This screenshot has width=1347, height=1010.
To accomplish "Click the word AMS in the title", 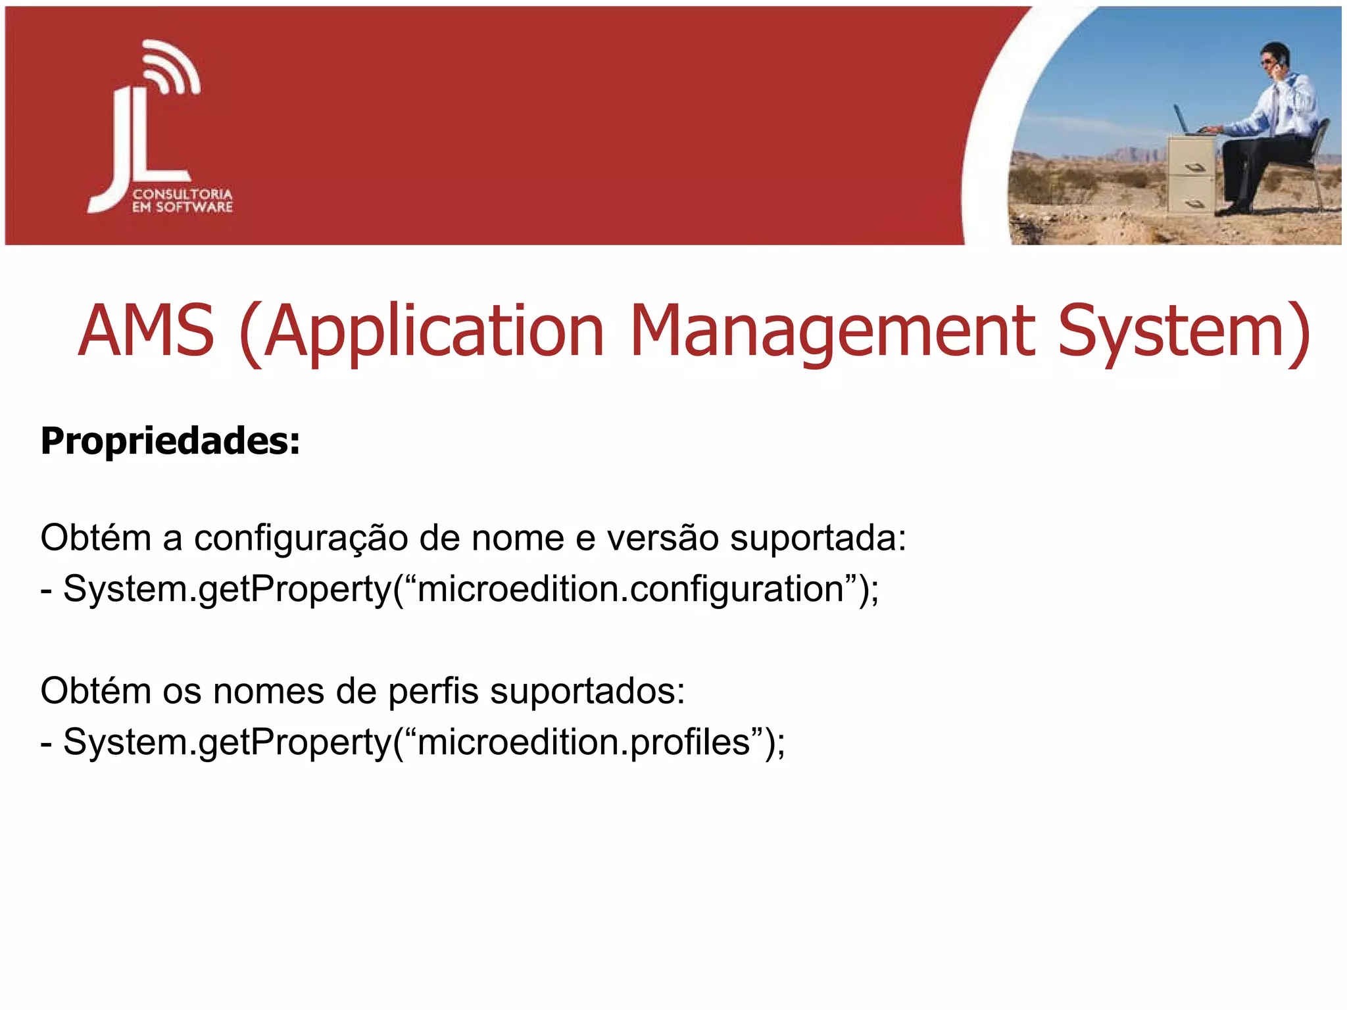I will click(x=146, y=331).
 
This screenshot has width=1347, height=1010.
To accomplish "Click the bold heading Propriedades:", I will click(x=170, y=441).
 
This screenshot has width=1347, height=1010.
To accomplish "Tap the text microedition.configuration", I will click(x=631, y=589).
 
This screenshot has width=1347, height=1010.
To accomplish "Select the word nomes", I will click(x=268, y=692).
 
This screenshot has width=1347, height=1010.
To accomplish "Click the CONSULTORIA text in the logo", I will click(x=182, y=194).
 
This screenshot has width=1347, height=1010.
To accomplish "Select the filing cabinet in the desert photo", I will click(x=1191, y=174).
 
